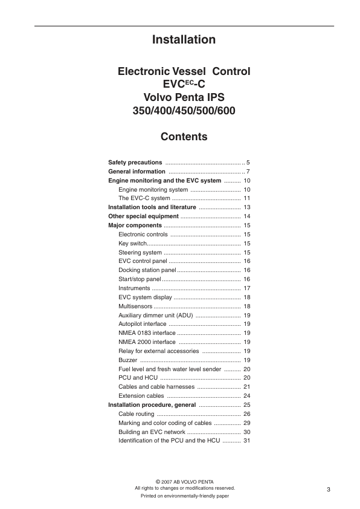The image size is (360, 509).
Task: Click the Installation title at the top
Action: (x=184, y=40)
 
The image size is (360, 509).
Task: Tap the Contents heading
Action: (x=184, y=137)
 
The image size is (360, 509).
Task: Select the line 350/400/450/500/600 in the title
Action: (x=184, y=111)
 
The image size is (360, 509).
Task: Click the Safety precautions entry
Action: (x=135, y=163)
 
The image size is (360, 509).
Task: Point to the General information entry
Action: (x=137, y=172)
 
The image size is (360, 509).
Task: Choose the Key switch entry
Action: (x=133, y=243)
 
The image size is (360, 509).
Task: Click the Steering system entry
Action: (x=140, y=252)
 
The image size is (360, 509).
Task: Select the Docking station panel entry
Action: (x=147, y=270)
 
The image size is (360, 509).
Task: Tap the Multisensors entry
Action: (x=136, y=306)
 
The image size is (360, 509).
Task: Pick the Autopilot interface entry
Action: (x=143, y=324)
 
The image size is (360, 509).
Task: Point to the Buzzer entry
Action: (x=127, y=360)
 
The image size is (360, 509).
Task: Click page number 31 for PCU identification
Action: (x=246, y=441)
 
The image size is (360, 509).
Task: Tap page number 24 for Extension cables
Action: (x=246, y=396)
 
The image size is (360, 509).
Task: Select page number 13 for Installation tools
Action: (x=246, y=207)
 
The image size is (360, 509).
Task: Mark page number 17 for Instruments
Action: (x=246, y=288)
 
